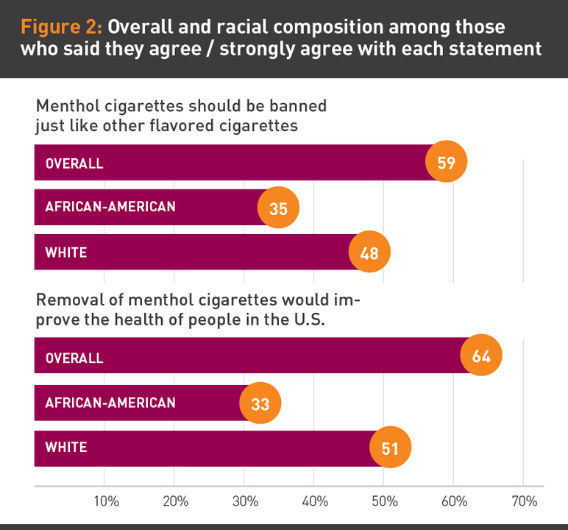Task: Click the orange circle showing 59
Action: coord(447,161)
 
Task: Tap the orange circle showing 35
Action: coord(278,208)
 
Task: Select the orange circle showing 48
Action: coord(369,253)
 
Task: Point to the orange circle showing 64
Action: coord(481,356)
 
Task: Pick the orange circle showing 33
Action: coord(260,403)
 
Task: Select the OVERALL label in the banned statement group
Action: coord(74,163)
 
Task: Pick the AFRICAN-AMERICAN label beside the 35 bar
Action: coord(110,207)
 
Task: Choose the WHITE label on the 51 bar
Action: coord(66,448)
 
